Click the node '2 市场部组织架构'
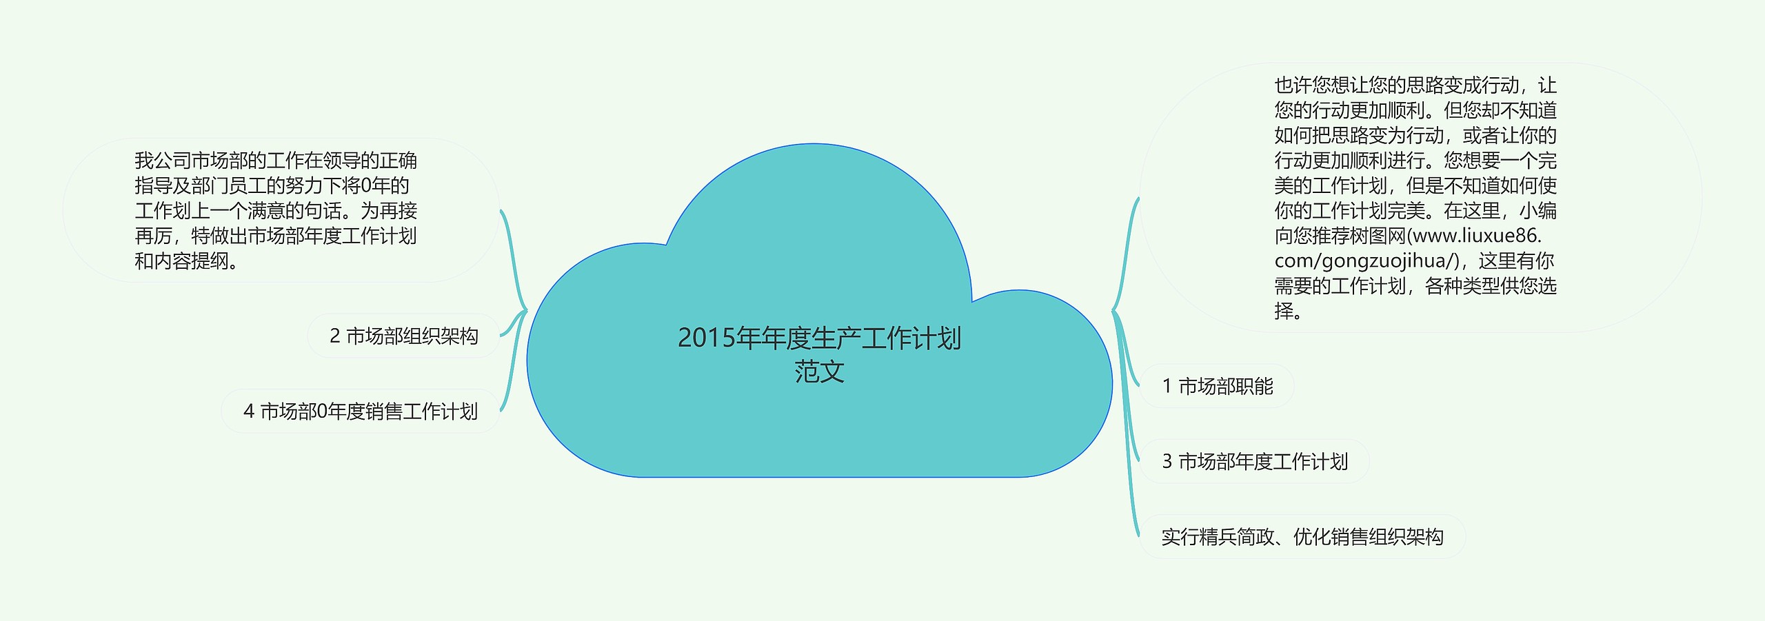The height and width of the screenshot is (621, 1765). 403,336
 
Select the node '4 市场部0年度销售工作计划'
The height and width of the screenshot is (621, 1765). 361,411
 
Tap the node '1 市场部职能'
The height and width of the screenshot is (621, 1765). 1217,386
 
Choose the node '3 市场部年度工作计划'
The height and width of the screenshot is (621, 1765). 1254,461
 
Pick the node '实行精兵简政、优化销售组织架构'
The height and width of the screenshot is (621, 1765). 1302,536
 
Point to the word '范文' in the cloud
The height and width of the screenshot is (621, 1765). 819,371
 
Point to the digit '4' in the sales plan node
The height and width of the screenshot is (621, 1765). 249,411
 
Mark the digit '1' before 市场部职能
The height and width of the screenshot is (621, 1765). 1167,386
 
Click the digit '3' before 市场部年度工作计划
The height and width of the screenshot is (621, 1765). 1167,461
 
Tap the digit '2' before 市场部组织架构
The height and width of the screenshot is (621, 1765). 334,336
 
